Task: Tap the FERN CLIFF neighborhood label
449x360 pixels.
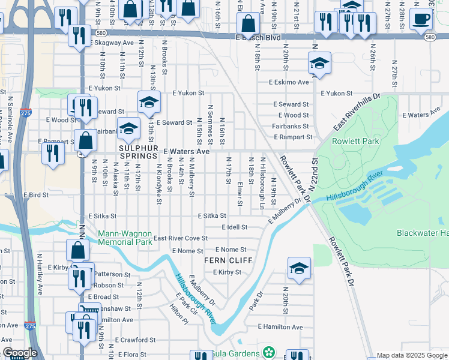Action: (x=226, y=260)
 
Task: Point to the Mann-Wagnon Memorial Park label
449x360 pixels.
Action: (x=124, y=238)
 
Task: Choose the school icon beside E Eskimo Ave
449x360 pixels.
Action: (x=320, y=64)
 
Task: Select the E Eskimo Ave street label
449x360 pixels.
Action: (x=288, y=82)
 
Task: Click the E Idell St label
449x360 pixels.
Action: (x=235, y=227)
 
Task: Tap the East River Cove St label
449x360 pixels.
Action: (x=181, y=238)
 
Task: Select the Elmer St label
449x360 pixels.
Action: (x=240, y=194)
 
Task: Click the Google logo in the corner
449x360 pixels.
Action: (x=20, y=353)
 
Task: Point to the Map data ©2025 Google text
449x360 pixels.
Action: (x=412, y=355)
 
